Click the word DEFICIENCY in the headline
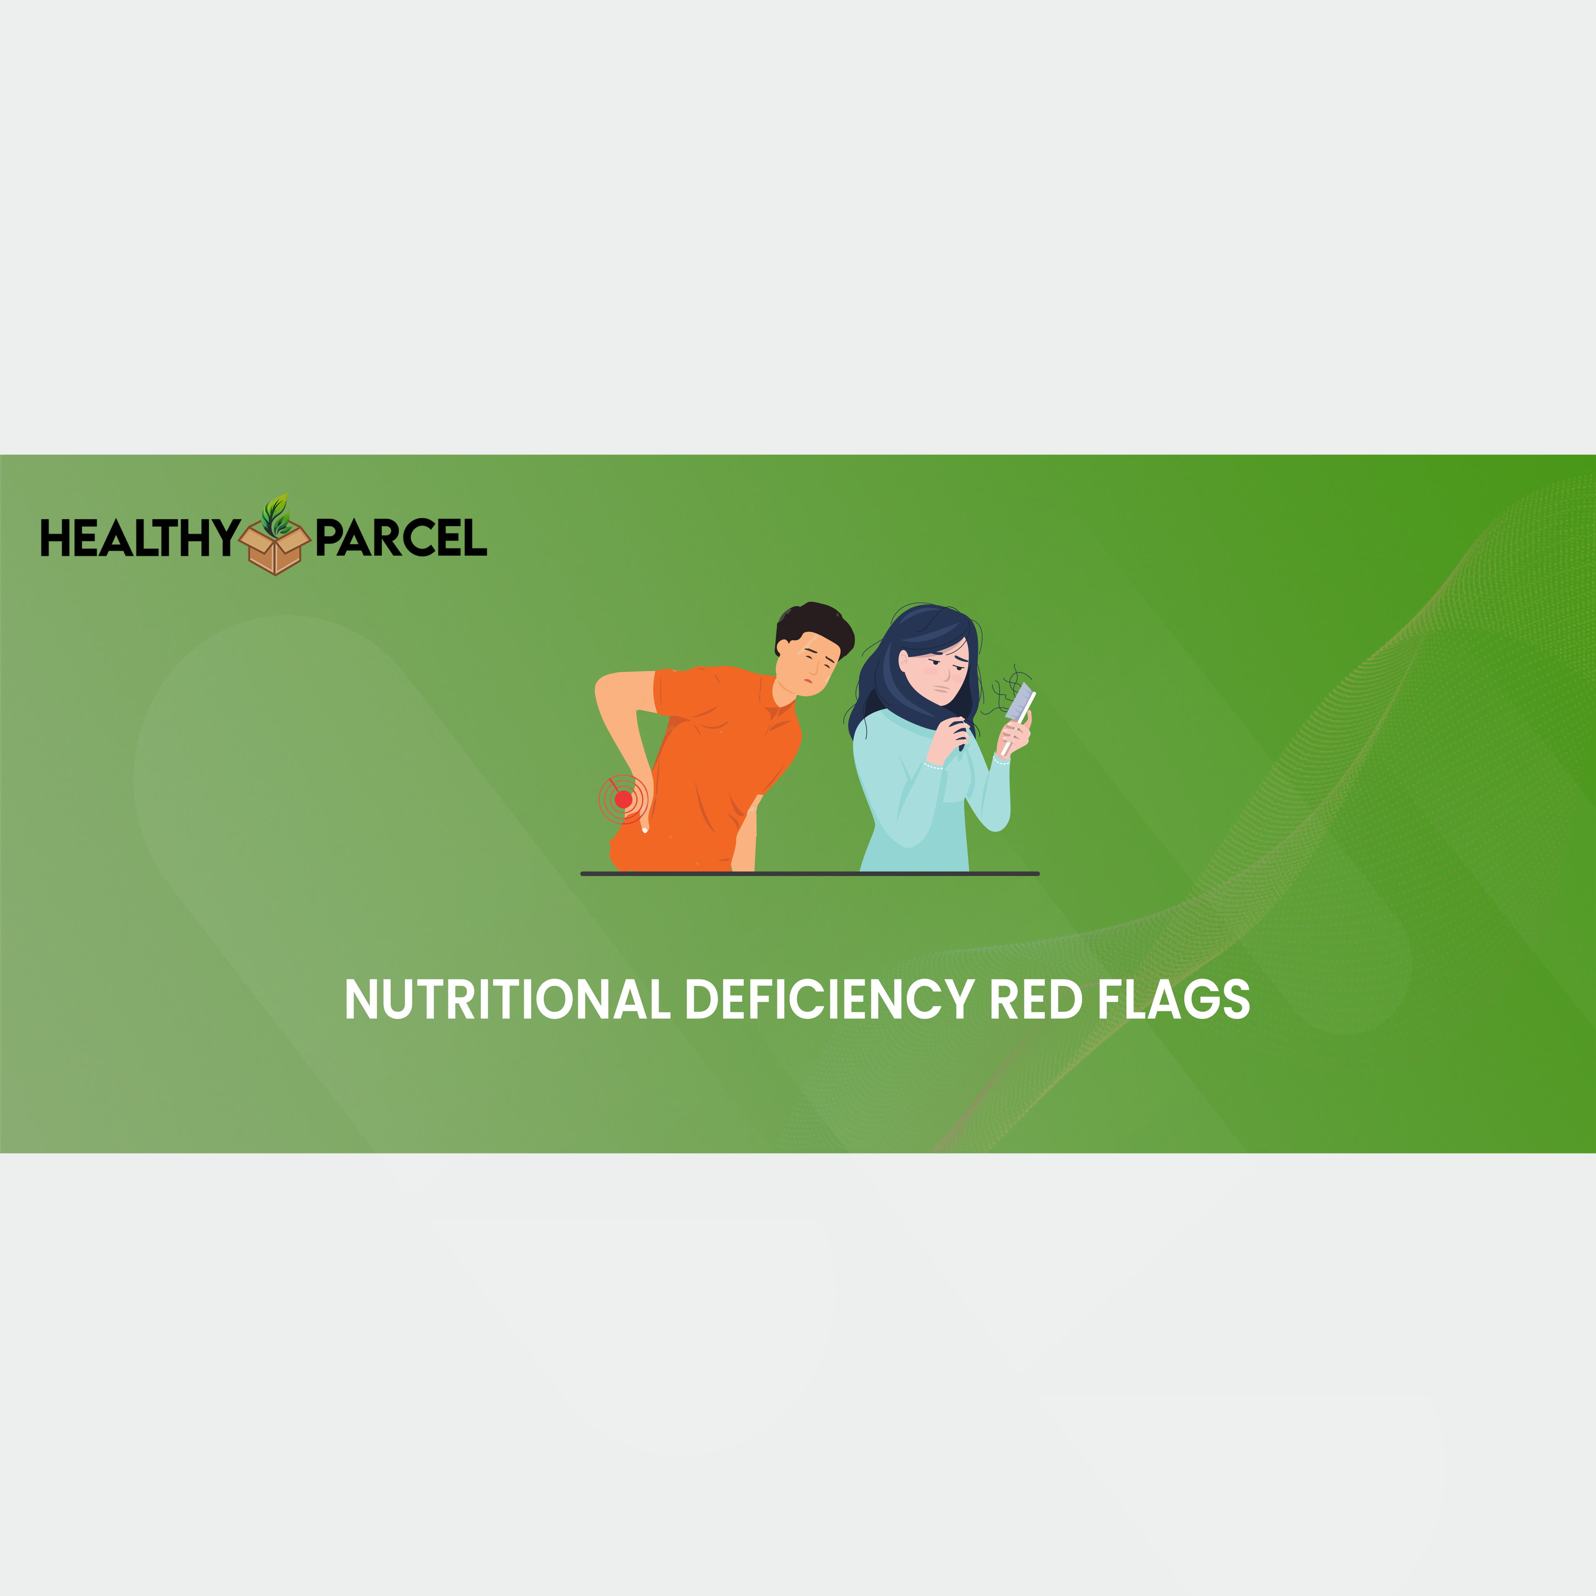828,1000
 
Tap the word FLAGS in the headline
1173,1000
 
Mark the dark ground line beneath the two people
810,873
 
